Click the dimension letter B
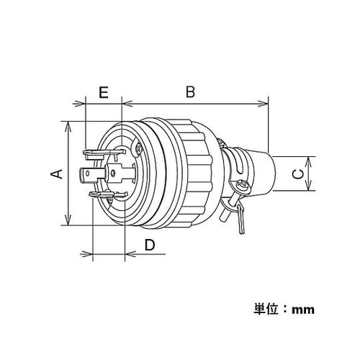190,92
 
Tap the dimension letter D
149,245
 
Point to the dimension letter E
104,92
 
